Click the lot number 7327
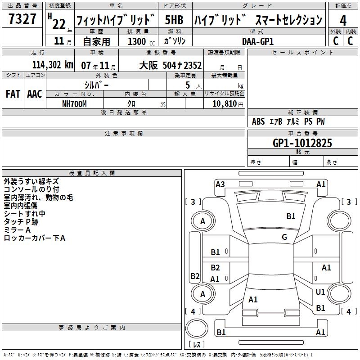(22, 18)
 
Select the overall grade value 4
(343, 21)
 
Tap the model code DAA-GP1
(258, 41)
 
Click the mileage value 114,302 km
(53, 65)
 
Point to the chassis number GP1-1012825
(302, 143)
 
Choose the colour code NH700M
(74, 104)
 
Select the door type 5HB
(174, 20)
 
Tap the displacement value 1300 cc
(141, 41)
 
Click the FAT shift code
(13, 94)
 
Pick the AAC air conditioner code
(35, 94)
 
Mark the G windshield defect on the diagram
(284, 237)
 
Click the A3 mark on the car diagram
(220, 184)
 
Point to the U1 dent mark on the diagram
(320, 292)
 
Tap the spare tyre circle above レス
(197, 328)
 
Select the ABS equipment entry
(258, 121)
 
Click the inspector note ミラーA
(17, 230)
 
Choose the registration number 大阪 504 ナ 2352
(171, 65)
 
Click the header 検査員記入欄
(92, 173)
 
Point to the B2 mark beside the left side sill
(195, 276)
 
